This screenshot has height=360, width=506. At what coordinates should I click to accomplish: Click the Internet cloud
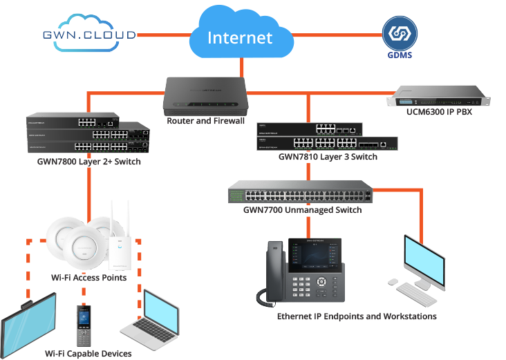(239, 35)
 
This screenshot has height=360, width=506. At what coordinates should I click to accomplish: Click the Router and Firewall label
(205, 122)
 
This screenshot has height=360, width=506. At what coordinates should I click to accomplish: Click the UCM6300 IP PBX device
(440, 97)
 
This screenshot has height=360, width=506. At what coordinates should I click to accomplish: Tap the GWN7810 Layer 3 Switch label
(328, 157)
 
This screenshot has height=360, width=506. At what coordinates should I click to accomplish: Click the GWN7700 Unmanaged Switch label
(303, 209)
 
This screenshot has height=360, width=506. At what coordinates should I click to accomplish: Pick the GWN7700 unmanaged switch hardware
(301, 191)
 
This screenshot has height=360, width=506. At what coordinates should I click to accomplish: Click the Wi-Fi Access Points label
(88, 278)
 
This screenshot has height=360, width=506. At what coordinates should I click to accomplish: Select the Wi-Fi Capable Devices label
(88, 354)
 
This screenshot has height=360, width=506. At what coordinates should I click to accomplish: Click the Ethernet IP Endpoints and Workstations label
(357, 316)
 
